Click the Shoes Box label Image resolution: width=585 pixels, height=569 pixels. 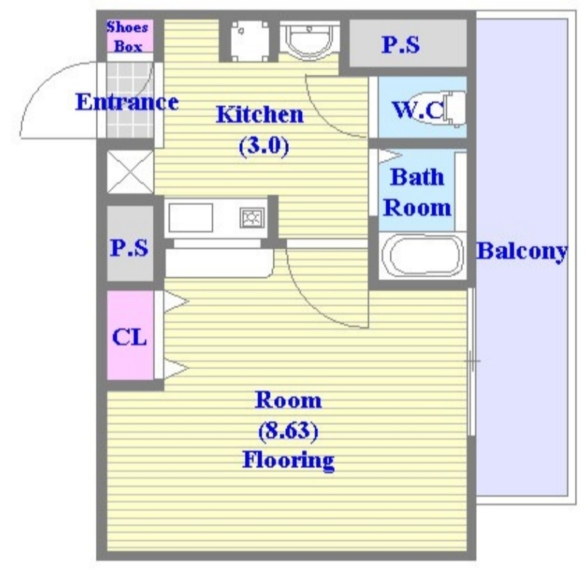[x=127, y=37]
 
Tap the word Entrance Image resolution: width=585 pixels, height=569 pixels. [x=127, y=102]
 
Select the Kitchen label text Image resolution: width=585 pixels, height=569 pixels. [x=260, y=115]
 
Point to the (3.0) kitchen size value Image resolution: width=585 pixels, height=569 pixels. [x=264, y=146]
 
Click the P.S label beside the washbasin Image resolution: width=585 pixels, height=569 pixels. [x=401, y=45]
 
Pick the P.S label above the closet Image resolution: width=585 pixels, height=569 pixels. [x=129, y=247]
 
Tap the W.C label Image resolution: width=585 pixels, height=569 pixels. [x=418, y=109]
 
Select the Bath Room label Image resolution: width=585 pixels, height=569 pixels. [x=417, y=192]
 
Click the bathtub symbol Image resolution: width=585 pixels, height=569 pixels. [x=423, y=255]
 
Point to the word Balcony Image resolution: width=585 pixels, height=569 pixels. [x=522, y=252]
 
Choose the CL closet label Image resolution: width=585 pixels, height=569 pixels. [x=129, y=337]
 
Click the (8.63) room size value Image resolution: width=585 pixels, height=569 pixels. [x=288, y=431]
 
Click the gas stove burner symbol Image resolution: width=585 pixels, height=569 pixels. [x=252, y=218]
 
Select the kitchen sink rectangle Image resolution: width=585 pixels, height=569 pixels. [x=191, y=218]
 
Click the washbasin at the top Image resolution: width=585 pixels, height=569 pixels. [x=309, y=39]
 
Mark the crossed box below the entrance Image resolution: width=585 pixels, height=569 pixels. [x=130, y=172]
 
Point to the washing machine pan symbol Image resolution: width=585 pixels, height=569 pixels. [x=249, y=41]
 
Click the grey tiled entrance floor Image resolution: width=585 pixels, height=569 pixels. [x=129, y=100]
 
